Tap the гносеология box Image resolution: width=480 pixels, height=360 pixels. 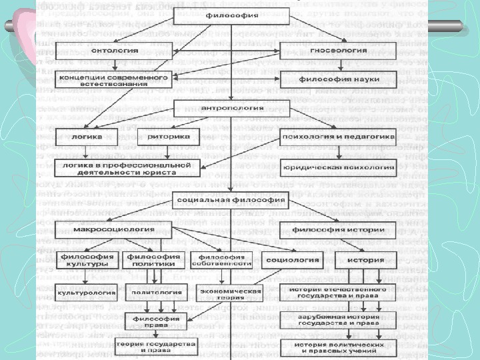click(x=339, y=50)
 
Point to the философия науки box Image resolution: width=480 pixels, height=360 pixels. click(x=339, y=79)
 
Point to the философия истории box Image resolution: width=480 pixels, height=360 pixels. click(x=339, y=230)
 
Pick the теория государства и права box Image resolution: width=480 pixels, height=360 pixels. click(x=156, y=346)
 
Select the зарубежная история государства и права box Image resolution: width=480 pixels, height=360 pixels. click(x=339, y=321)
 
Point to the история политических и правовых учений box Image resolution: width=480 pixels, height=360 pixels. click(x=339, y=346)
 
